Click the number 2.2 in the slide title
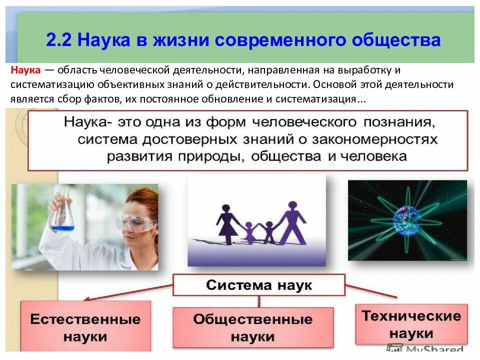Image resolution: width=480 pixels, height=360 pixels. [x=59, y=39]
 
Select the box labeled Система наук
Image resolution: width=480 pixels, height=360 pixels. [x=259, y=285]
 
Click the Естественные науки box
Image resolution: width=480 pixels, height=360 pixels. [x=85, y=327]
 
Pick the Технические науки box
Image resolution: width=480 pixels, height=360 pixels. [x=411, y=324]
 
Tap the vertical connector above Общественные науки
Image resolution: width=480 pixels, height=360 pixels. [x=258, y=301]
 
